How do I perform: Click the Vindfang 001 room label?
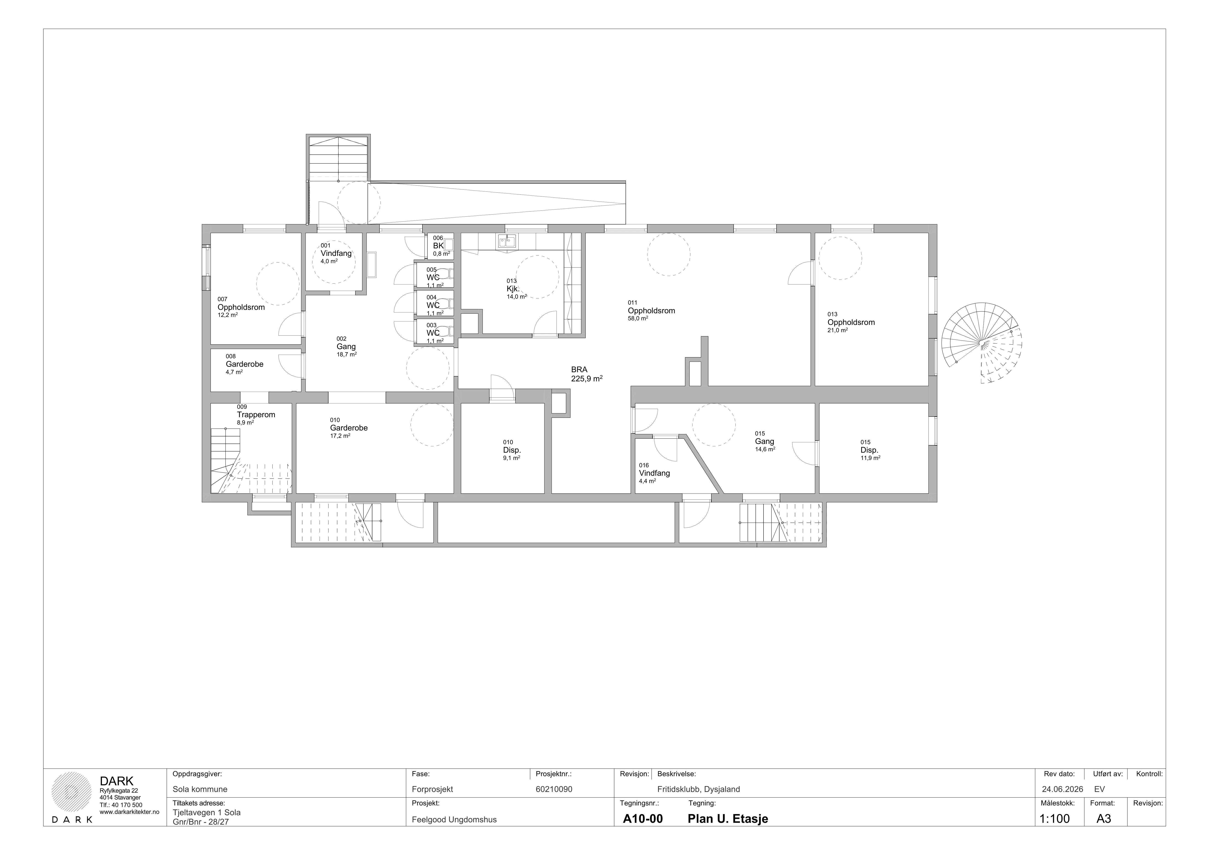point(336,253)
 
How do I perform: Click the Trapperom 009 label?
point(256,414)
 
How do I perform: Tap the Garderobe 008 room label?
point(244,364)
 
